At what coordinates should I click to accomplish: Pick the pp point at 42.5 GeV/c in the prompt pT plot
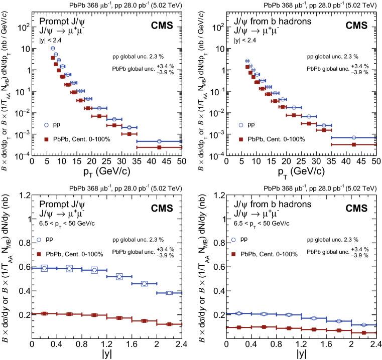159,141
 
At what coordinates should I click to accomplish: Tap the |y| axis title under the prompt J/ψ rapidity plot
106,354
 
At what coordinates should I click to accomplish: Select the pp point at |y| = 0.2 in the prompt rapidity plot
44,268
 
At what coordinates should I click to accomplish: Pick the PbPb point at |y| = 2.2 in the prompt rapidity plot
169,324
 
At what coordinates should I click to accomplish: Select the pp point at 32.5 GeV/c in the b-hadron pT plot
324,125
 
